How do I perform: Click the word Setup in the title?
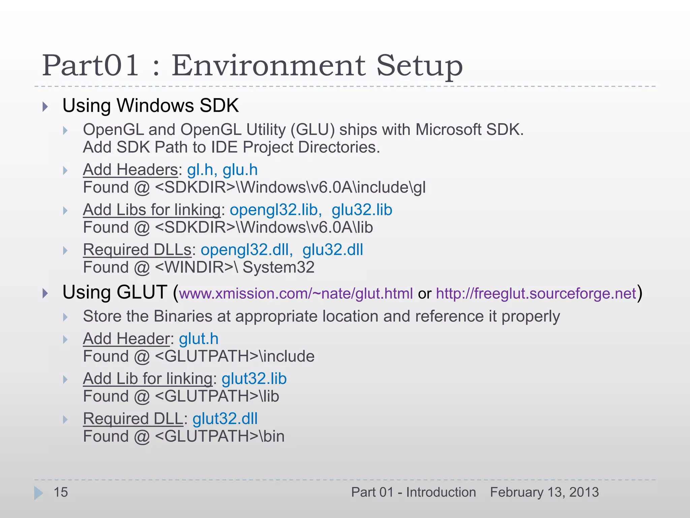pos(419,66)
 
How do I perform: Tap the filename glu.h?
pos(240,170)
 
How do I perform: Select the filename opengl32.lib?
pos(274,210)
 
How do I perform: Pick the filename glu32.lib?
pos(362,210)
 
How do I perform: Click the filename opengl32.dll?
pos(245,250)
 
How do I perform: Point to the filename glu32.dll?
pos(333,250)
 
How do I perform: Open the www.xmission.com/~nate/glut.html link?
pos(296,293)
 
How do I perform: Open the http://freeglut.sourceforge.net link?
pos(536,293)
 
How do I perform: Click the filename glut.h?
pos(198,339)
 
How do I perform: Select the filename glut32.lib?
pos(254,379)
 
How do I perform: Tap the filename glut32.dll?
pos(225,419)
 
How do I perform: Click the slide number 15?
pos(61,492)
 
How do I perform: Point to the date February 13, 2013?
pos(544,492)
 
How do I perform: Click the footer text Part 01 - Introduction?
pos(413,492)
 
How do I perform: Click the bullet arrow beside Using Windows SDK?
pos(45,107)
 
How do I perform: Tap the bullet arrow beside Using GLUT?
pos(45,293)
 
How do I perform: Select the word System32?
pos(278,267)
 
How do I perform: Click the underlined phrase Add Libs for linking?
pos(152,210)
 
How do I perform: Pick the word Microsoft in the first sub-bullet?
pos(448,130)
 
